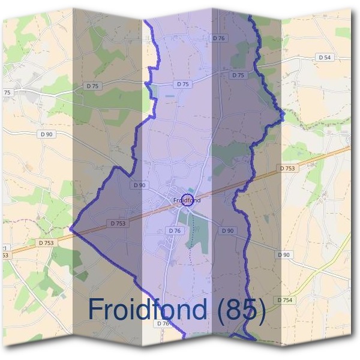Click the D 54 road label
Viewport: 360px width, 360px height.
(x=324, y=57)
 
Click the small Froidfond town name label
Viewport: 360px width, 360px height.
(x=186, y=199)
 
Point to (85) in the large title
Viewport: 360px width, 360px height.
(x=242, y=310)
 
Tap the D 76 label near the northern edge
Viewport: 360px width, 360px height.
(x=218, y=38)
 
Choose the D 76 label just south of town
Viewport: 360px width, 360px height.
(x=175, y=230)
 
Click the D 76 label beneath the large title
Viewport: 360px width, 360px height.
(x=163, y=323)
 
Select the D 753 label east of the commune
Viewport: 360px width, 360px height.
(x=287, y=169)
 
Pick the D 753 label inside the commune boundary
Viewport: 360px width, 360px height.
(x=118, y=223)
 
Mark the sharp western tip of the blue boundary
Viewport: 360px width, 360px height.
(x=71, y=229)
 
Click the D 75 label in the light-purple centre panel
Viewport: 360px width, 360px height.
(x=182, y=85)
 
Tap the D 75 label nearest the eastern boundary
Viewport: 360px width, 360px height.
(x=238, y=75)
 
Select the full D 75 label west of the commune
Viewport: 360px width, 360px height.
(x=92, y=86)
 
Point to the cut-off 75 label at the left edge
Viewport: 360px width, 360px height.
(x=7, y=92)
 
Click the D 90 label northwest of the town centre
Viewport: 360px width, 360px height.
(x=139, y=185)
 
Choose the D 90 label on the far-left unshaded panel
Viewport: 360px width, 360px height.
(x=47, y=134)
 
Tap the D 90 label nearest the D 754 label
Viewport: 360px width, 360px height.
(x=284, y=254)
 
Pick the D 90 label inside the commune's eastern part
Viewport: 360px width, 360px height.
(x=227, y=230)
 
